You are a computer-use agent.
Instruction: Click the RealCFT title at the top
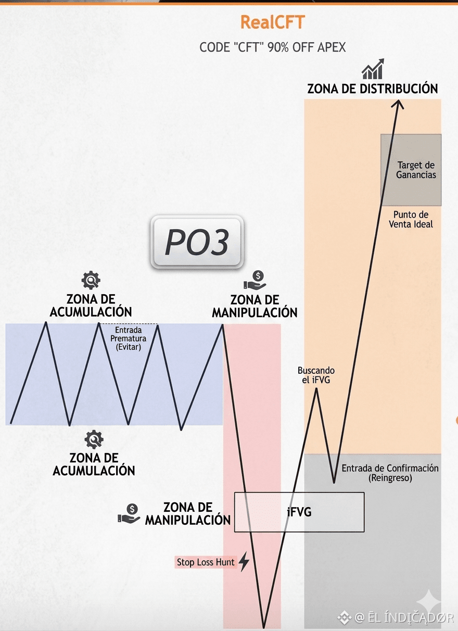[x=272, y=22]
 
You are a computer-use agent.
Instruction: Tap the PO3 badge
[x=197, y=242]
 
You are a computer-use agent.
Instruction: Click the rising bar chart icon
[x=373, y=69]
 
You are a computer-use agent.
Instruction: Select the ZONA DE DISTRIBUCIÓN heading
[x=372, y=89]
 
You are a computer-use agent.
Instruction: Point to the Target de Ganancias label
[x=416, y=170]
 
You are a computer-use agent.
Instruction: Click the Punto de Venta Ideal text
[x=411, y=219]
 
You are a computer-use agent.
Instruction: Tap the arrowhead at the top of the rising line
[x=399, y=104]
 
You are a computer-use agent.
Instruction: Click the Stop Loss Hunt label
[x=206, y=562]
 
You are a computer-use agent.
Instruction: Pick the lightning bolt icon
[x=244, y=561]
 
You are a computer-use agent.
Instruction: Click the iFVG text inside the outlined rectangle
[x=299, y=512]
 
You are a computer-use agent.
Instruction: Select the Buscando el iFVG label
[x=316, y=375]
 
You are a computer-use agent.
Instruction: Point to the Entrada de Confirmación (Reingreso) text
[x=390, y=473]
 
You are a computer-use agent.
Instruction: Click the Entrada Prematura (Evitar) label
[x=129, y=338]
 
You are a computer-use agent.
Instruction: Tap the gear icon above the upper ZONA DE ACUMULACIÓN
[x=91, y=280]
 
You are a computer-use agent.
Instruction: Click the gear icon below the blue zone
[x=94, y=439]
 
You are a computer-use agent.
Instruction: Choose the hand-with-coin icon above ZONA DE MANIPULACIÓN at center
[x=255, y=280]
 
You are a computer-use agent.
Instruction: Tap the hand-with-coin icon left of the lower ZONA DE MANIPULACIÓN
[x=129, y=513]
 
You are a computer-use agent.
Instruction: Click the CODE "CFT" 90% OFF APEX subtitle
[x=272, y=47]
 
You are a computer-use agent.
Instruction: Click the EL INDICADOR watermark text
[x=404, y=618]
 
